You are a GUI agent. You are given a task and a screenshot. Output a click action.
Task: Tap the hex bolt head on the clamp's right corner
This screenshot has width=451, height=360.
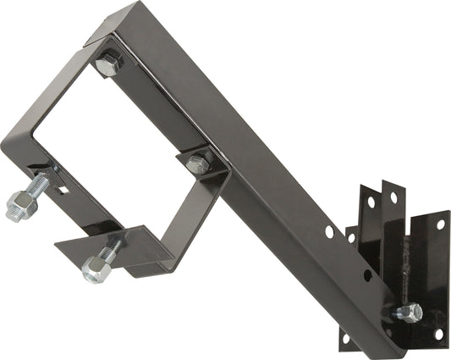[x=198, y=163]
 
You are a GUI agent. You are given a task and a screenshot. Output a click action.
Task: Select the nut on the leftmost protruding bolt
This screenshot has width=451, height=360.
[x=19, y=205]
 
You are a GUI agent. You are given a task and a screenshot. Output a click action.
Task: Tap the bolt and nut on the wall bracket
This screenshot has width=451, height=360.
[x=408, y=312]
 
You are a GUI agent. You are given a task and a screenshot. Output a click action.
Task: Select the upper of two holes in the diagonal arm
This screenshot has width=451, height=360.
[x=329, y=230]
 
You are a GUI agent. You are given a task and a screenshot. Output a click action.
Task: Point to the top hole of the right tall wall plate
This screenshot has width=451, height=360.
[x=393, y=198]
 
